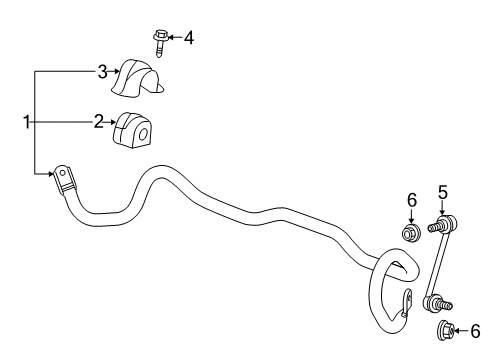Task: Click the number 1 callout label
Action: tap(27, 122)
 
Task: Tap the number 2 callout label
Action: tap(99, 122)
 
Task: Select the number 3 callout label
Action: tap(101, 71)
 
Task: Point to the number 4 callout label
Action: tap(187, 38)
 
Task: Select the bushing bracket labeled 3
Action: tap(138, 76)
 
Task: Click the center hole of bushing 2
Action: tap(140, 132)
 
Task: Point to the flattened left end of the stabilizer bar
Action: tap(64, 181)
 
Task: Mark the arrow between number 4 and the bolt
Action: tap(174, 38)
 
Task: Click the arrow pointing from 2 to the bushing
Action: tap(111, 122)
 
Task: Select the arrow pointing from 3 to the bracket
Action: tap(114, 71)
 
